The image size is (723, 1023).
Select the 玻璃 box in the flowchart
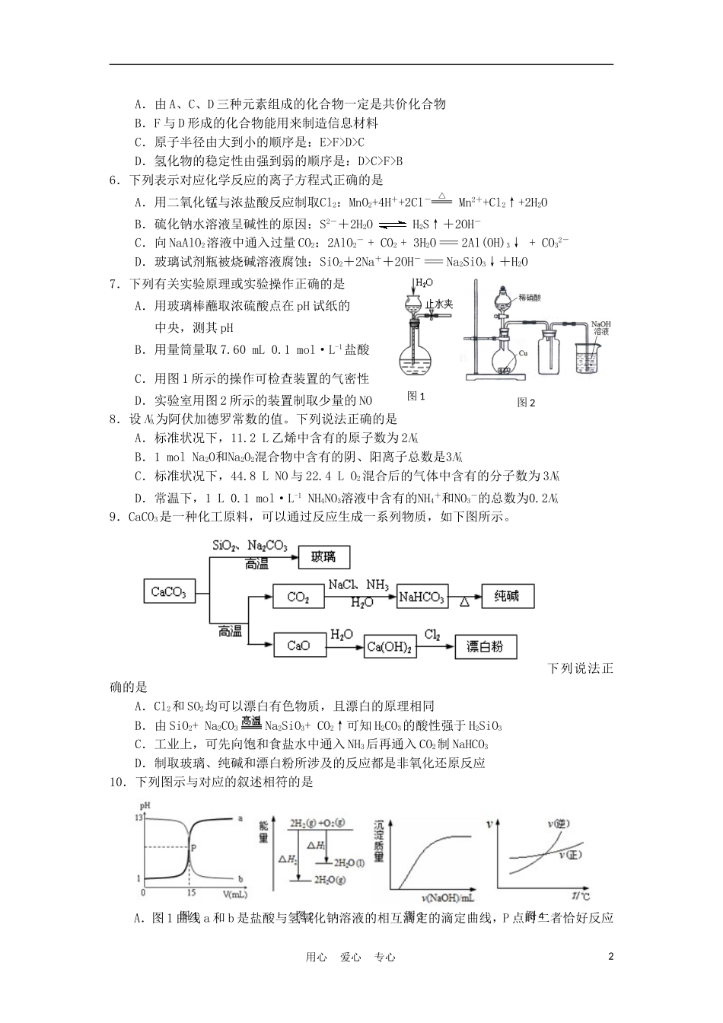tap(323, 557)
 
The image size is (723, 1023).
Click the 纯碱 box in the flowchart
tap(507, 597)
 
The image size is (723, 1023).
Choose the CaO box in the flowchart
tap(298, 646)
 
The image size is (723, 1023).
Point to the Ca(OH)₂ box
tap(390, 647)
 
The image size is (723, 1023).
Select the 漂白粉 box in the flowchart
tap(490, 647)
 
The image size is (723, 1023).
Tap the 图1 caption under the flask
tap(416, 396)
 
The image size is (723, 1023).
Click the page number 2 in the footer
tap(610, 957)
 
